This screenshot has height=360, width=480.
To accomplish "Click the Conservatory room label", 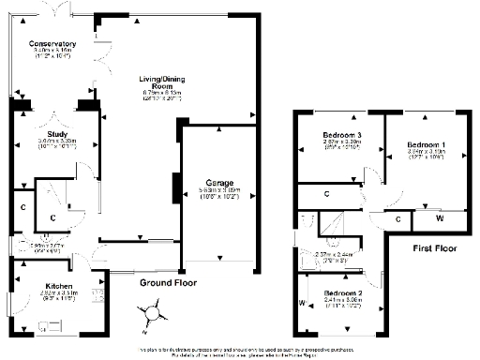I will pos(52,44).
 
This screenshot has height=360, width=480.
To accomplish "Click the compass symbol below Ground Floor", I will pos(151,312).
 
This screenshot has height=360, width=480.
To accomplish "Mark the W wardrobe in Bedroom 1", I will pos(441,217).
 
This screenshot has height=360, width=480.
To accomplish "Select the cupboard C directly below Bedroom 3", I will pos(326,194).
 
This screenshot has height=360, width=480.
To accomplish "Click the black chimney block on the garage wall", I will pos(174,187).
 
